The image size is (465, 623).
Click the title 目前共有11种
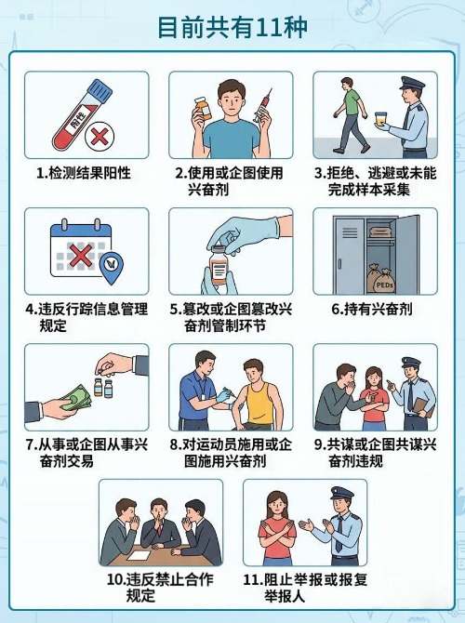pos(232,27)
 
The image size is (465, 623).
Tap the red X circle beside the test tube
pos(100,137)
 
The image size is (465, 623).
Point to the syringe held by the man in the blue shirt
pos(263,105)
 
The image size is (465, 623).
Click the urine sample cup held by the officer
pos(380,119)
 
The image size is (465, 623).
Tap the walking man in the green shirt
pos(350,115)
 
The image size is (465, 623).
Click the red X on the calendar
pos(80,255)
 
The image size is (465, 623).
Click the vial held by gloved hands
pos(218,264)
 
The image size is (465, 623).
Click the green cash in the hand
pos(75,398)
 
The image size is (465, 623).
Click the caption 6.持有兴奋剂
pos(372,309)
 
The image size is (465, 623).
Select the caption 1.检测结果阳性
pos(84,173)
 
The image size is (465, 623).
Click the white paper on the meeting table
pos(139,555)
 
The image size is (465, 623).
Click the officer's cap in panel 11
pos(342,493)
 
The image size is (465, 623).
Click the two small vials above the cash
pos(103,388)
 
